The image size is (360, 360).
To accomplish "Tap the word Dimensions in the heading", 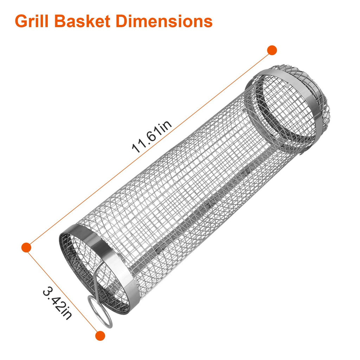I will click(164, 21).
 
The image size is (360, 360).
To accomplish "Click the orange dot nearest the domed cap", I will click(272, 50).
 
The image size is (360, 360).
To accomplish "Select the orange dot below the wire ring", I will click(100, 335).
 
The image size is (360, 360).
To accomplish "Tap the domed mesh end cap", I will click(316, 102).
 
